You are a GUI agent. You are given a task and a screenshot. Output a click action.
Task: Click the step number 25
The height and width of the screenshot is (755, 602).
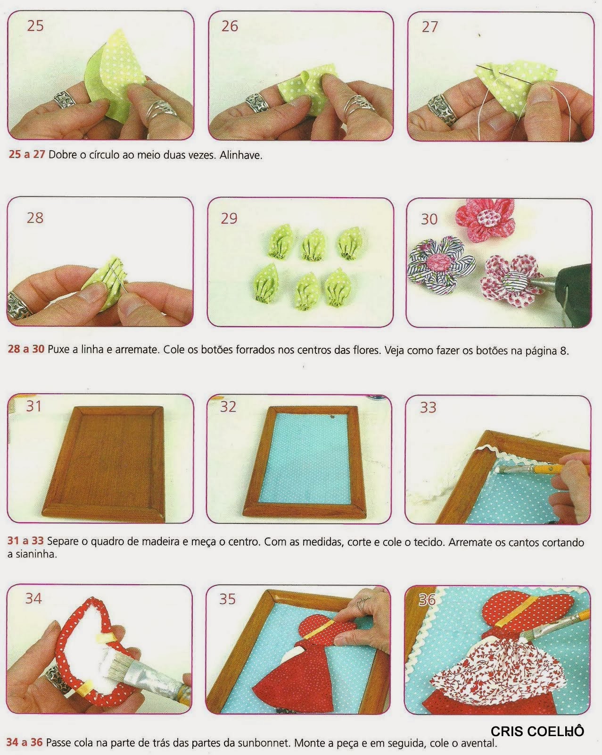pyautogui.click(x=35, y=25)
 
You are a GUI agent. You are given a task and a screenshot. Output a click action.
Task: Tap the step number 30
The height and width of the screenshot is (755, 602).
pyautogui.click(x=429, y=219)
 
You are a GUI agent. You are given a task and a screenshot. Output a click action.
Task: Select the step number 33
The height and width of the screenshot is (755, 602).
pyautogui.click(x=428, y=407)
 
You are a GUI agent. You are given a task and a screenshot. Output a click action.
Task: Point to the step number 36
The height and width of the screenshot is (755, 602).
pyautogui.click(x=427, y=600)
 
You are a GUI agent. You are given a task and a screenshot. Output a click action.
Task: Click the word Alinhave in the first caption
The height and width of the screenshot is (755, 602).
pyautogui.click(x=241, y=155)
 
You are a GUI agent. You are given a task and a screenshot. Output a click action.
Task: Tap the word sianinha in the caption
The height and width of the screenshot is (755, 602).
pyautogui.click(x=32, y=554)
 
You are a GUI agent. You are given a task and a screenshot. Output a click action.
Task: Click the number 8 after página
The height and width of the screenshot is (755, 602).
pyautogui.click(x=563, y=351)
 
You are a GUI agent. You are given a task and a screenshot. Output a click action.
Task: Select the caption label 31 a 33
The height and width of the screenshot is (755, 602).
pyautogui.click(x=25, y=541)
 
